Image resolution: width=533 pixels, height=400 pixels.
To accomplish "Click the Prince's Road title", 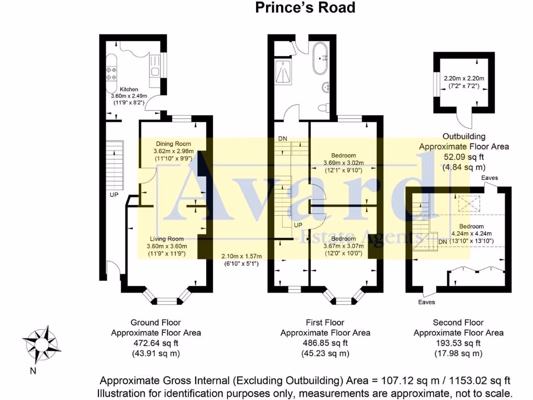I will click(306, 8).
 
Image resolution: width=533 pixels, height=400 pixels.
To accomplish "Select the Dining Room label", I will click(173, 144).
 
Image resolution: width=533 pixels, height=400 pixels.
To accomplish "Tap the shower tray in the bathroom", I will click(284, 71).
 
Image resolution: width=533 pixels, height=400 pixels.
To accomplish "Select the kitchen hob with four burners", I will click(111, 73).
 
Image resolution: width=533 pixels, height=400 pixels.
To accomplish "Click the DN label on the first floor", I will click(283, 139).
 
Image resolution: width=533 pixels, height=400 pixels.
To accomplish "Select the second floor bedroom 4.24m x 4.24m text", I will click(467, 234).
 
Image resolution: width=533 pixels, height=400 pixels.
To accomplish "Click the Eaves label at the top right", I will click(490, 178).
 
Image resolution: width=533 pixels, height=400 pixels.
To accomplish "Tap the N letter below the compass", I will click(33, 371).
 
